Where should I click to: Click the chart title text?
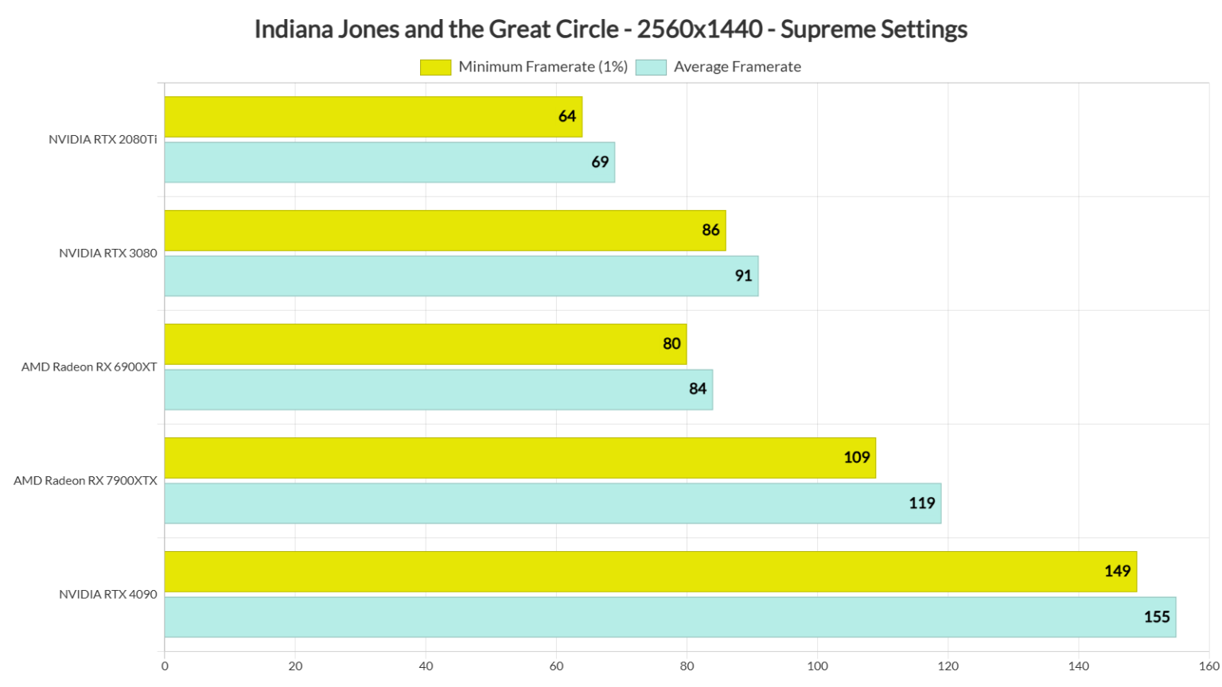(610, 29)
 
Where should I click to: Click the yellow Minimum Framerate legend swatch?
(435, 68)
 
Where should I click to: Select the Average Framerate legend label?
(737, 68)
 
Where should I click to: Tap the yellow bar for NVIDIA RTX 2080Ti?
(373, 117)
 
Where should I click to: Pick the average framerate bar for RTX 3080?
(461, 276)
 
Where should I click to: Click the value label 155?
(1156, 617)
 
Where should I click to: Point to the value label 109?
(856, 458)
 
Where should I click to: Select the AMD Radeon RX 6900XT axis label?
(89, 367)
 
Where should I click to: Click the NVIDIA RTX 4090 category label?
(107, 595)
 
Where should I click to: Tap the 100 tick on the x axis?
(817, 666)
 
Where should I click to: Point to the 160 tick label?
(1208, 666)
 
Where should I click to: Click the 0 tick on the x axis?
(165, 666)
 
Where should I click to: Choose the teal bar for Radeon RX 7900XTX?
(552, 503)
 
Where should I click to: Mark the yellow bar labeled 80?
(425, 344)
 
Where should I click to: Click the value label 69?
(600, 162)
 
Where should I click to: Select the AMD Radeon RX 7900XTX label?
(85, 481)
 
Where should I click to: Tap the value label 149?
(1117, 572)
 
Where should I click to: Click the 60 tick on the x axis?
(556, 666)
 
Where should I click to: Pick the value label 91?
(743, 276)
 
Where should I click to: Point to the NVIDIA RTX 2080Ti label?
(103, 140)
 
